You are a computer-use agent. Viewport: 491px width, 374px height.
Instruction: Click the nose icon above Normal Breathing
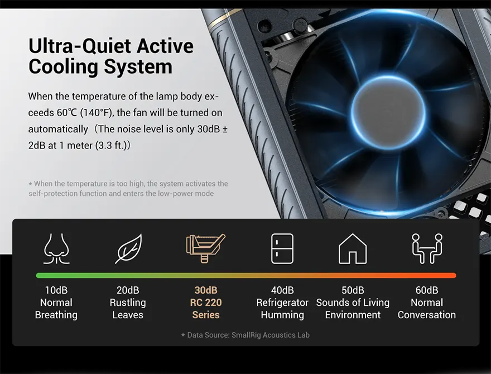[x=56, y=249]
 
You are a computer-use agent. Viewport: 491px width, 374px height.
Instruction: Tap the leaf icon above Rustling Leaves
[x=128, y=249]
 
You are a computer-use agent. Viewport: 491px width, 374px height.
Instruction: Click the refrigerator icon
[x=282, y=248]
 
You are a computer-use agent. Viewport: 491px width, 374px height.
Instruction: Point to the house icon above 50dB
[x=353, y=248]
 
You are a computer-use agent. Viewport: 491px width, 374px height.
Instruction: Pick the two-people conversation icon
[x=427, y=248]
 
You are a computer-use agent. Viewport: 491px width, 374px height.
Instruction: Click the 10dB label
[x=56, y=290]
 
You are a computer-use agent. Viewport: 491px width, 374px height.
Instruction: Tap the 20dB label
[x=128, y=290]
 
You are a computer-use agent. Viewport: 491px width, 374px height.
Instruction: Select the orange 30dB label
[x=206, y=290]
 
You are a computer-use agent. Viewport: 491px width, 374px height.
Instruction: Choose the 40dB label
[x=282, y=290]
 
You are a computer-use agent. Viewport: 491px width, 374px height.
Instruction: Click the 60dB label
[x=427, y=290]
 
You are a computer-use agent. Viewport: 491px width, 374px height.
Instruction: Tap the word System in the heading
[x=138, y=67]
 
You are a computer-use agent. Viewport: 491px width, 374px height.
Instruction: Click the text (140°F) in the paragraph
[x=97, y=112]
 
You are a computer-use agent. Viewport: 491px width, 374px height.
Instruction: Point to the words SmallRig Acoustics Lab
[x=271, y=335]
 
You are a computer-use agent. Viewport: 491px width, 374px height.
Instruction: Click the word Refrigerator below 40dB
[x=282, y=303]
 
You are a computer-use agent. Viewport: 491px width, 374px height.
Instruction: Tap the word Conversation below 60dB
[x=427, y=315]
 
